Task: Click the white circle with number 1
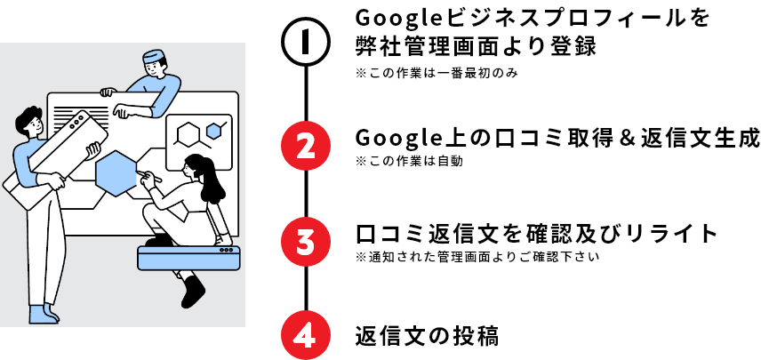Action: click(305, 43)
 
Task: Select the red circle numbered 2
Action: click(305, 146)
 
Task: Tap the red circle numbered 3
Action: click(305, 241)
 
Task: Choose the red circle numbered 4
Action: click(305, 335)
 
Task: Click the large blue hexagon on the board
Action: click(116, 172)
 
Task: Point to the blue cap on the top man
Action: click(154, 57)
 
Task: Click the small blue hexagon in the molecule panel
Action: click(213, 131)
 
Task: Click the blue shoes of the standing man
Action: click(44, 315)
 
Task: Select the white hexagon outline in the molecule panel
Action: click(188, 134)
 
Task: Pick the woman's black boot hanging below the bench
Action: click(192, 292)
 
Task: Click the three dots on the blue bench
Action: click(228, 250)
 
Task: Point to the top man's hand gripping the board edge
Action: click(108, 91)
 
